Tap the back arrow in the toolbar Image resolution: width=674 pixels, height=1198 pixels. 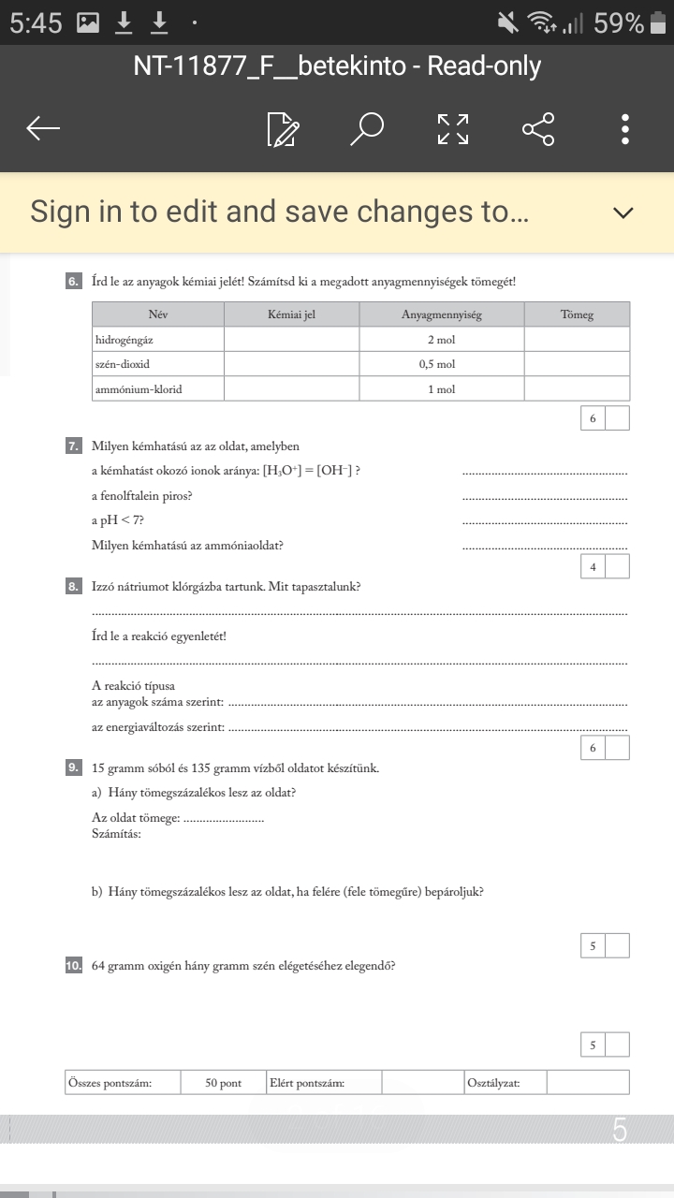[44, 129]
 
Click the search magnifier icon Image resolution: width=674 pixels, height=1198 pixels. [367, 129]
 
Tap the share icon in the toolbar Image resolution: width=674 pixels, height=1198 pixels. [538, 129]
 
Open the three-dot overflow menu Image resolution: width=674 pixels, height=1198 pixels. [625, 129]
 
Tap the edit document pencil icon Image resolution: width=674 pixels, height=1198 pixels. [283, 130]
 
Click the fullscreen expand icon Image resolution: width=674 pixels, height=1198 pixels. [453, 129]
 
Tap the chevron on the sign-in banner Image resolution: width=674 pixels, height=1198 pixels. [623, 212]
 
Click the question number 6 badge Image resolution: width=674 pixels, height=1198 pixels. [73, 281]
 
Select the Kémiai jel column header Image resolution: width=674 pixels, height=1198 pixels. [291, 314]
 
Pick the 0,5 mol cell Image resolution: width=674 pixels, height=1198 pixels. [441, 364]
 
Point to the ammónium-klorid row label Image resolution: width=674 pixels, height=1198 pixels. [139, 388]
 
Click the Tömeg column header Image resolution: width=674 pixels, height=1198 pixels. [577, 314]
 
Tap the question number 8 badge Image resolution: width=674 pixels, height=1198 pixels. [73, 587]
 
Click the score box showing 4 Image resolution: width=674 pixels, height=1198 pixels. [593, 566]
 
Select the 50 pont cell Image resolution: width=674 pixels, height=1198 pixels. [224, 1083]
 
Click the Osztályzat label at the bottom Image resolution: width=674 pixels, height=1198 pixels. [493, 1083]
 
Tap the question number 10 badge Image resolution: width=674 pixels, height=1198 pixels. [74, 966]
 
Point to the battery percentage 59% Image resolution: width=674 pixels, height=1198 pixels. [619, 23]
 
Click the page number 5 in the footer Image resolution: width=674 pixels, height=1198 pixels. [620, 1131]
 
